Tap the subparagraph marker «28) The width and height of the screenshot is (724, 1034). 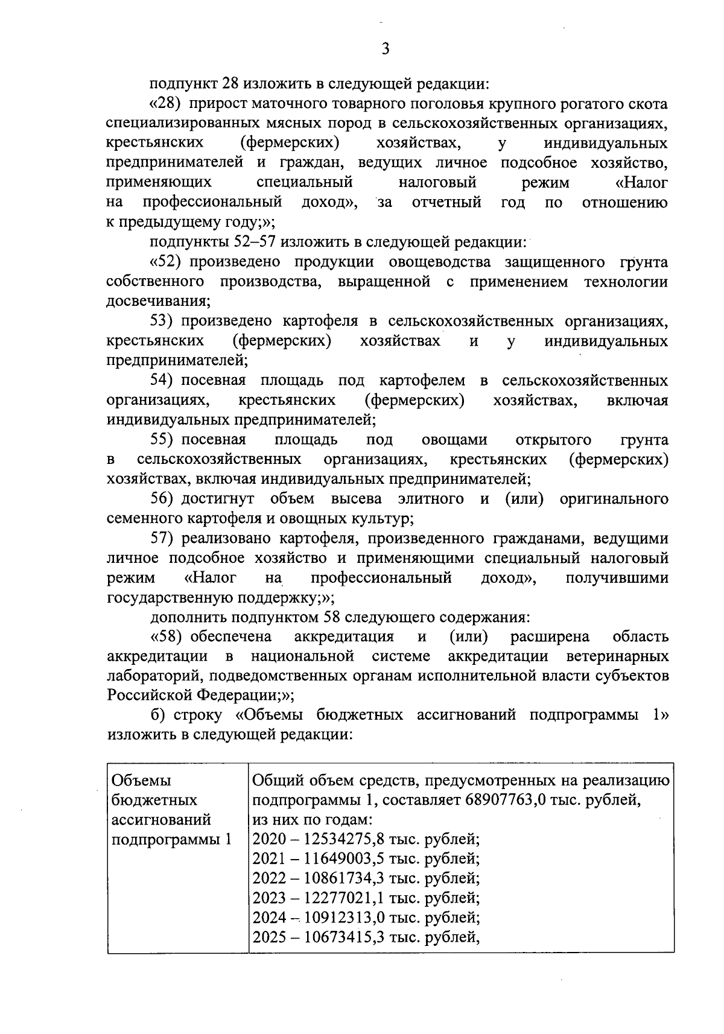165,104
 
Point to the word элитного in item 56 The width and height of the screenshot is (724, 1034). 431,499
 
